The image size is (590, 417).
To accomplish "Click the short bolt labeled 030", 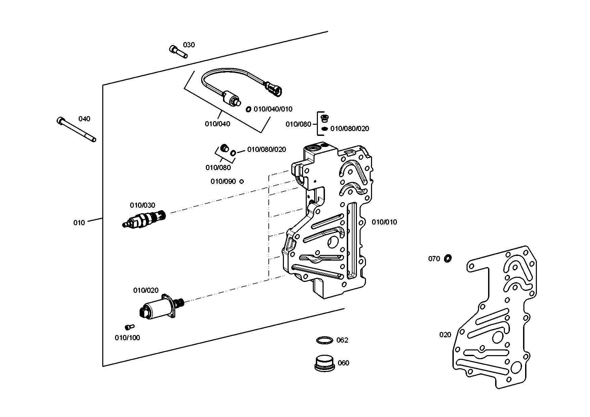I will click(x=178, y=51).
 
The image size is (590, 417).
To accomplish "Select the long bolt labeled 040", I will click(x=76, y=129).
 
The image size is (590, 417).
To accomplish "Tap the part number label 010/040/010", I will click(x=273, y=109).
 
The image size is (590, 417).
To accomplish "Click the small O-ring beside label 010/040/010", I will click(x=249, y=109).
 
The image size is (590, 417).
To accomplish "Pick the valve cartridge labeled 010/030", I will click(x=144, y=219).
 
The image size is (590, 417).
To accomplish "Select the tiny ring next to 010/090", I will click(x=241, y=182).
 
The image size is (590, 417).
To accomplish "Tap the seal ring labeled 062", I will click(x=325, y=340).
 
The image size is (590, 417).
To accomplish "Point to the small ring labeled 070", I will click(x=448, y=258).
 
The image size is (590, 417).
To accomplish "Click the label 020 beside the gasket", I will click(x=445, y=335).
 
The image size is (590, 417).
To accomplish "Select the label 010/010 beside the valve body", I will click(x=384, y=222).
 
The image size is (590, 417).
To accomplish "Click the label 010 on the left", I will click(x=79, y=223).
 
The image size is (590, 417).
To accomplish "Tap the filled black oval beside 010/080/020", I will click(x=325, y=129).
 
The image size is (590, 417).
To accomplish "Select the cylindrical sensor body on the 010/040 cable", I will click(x=230, y=97).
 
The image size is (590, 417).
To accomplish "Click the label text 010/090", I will click(x=223, y=182).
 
